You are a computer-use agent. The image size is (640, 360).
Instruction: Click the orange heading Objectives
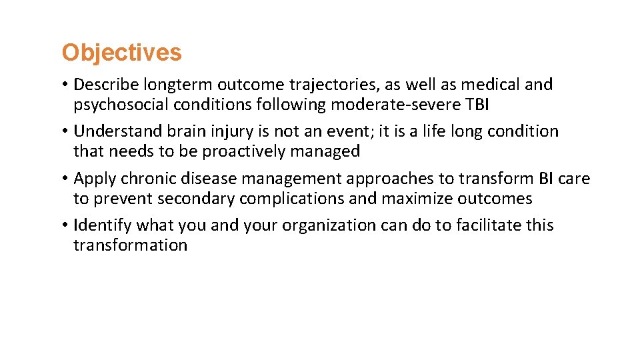tap(121, 53)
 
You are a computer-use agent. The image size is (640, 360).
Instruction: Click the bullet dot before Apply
tap(66, 179)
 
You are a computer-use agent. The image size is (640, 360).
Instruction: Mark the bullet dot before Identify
tap(66, 225)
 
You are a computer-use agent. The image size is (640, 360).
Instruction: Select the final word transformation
tap(130, 245)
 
